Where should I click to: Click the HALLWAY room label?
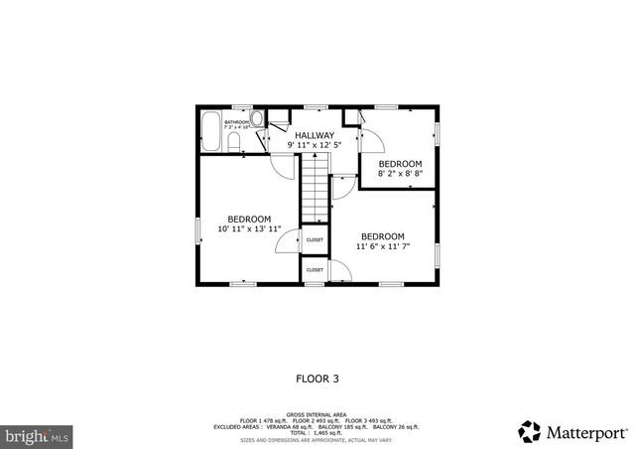click(312, 135)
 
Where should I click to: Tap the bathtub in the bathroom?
click(210, 131)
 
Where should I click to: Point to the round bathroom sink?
click(256, 119)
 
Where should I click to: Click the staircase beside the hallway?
click(315, 188)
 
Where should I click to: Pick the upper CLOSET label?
click(315, 239)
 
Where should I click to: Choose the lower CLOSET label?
click(315, 269)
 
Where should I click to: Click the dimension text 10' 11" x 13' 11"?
click(249, 228)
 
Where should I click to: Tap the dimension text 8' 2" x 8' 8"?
click(400, 173)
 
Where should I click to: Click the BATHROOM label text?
click(236, 122)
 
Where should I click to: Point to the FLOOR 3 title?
click(317, 378)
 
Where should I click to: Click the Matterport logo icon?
click(531, 432)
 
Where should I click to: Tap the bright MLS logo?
click(38, 435)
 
